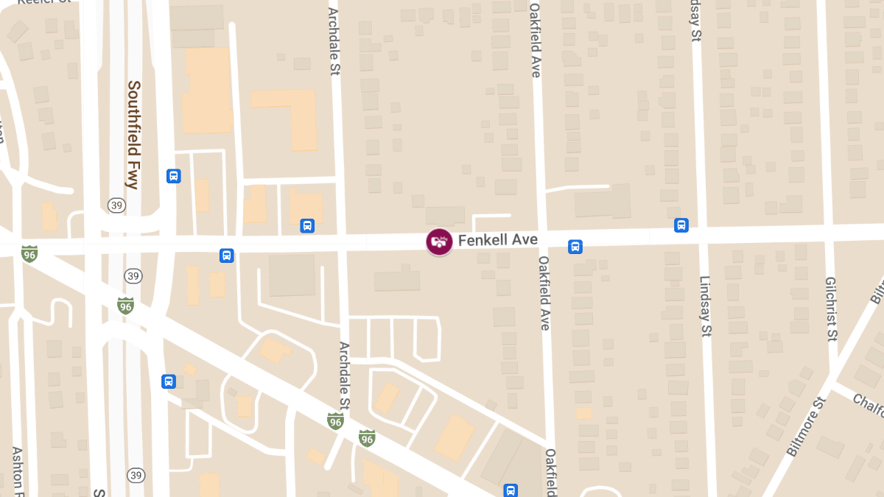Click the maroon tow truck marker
pyautogui.click(x=439, y=241)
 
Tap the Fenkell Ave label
pyautogui.click(x=497, y=240)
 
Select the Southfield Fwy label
pyautogui.click(x=133, y=135)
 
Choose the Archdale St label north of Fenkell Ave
pyautogui.click(x=334, y=40)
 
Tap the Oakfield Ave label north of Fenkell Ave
pyautogui.click(x=536, y=40)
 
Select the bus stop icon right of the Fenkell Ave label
pyautogui.click(x=575, y=247)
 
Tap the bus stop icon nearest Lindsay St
pyautogui.click(x=681, y=225)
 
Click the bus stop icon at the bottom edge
pyautogui.click(x=510, y=490)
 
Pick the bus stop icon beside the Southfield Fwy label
pyautogui.click(x=174, y=176)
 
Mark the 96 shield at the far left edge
pyautogui.click(x=29, y=253)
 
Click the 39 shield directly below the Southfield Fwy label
pyautogui.click(x=116, y=205)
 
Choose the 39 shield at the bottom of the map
pyautogui.click(x=135, y=475)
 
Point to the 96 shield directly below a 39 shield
pyautogui.click(x=125, y=305)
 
